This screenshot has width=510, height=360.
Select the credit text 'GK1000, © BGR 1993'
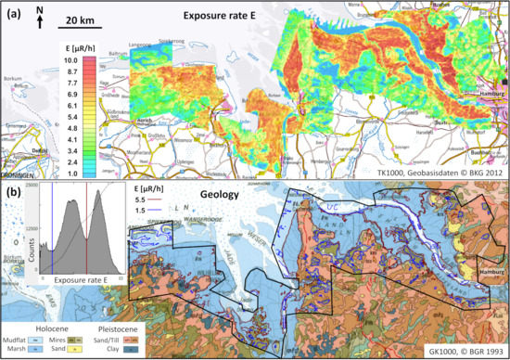[x=461, y=351]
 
